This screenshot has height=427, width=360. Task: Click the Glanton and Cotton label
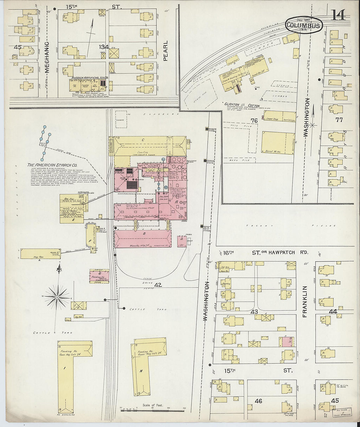point(242,105)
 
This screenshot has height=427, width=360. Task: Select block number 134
point(104,47)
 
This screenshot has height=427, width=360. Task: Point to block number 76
point(254,121)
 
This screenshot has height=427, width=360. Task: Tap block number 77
point(339,120)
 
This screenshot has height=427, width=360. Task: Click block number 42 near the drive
point(158,285)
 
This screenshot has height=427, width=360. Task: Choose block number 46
point(258,401)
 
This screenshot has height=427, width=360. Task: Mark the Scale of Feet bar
point(153,409)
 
